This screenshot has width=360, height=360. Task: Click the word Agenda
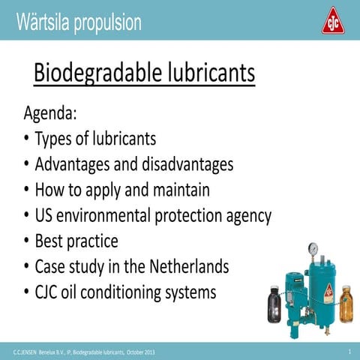pos(51,115)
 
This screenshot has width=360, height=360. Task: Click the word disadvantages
pos(185,164)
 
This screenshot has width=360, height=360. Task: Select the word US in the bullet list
pos(46,216)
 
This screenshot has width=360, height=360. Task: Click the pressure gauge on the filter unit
pos(313,249)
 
